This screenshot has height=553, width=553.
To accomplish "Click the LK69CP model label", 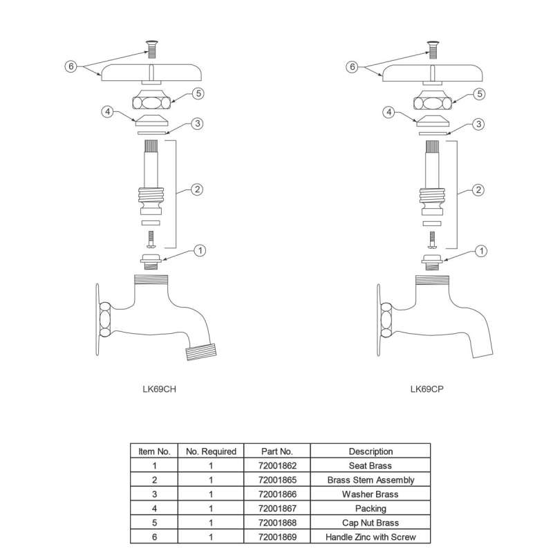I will click(x=427, y=388).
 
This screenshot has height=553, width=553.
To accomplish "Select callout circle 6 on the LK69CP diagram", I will click(x=352, y=67).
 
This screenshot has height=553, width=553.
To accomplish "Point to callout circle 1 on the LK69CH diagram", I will click(x=199, y=250).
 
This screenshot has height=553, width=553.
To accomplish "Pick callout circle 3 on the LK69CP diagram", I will click(x=477, y=124).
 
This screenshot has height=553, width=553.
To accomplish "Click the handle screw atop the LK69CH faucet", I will click(x=150, y=48).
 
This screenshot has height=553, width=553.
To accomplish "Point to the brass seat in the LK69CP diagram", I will click(x=431, y=261).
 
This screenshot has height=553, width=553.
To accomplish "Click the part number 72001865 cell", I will click(x=277, y=480).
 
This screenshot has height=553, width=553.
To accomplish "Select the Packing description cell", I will click(x=371, y=509).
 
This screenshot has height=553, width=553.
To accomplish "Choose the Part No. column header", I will click(x=277, y=451).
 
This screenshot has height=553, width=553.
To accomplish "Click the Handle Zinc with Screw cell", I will click(x=371, y=537).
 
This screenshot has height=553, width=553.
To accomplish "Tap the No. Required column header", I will click(x=211, y=451).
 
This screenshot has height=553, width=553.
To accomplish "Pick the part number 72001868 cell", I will click(x=277, y=523).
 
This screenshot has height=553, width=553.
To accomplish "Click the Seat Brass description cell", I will click(x=371, y=466).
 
